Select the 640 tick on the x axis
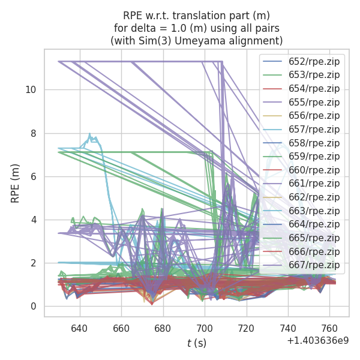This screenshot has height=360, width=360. click(x=79, y=329)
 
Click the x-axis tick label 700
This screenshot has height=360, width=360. click(x=205, y=329)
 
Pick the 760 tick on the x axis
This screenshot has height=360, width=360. click(x=329, y=329)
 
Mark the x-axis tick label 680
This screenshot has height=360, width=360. click(x=163, y=329)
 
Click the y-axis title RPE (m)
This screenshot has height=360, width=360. click(x=16, y=183)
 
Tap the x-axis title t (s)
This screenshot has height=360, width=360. click(x=197, y=343)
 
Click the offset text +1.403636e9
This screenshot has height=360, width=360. click(x=317, y=340)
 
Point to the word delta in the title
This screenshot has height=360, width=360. click(x=142, y=28)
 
